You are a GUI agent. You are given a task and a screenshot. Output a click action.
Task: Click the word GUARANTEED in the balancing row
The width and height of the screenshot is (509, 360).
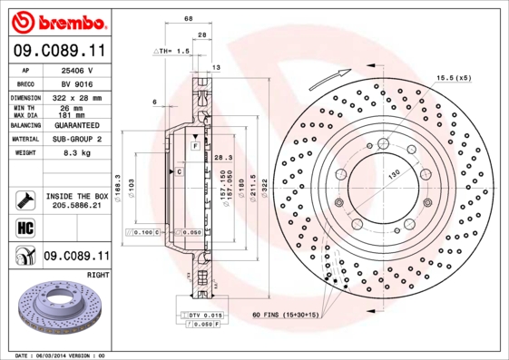pos(77,125)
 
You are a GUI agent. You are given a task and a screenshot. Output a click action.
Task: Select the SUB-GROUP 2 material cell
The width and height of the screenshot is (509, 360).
pos(76,140)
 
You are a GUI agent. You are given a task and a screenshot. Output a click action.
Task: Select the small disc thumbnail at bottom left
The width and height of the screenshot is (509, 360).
pos(56,308)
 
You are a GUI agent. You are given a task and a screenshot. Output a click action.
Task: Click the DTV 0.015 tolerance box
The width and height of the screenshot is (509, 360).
pos(205,314)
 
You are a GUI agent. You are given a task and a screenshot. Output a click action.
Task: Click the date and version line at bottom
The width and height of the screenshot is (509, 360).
pos(61,355)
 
